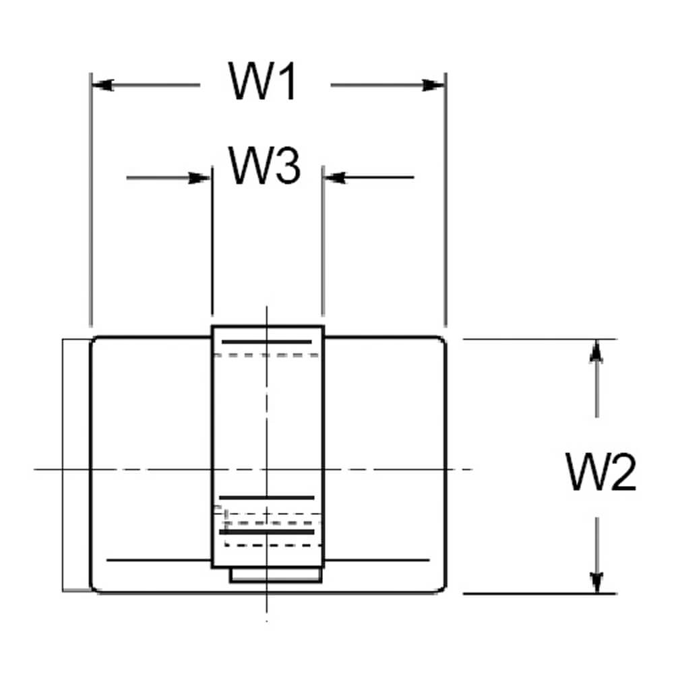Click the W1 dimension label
click(x=263, y=82)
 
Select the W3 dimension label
click(x=264, y=166)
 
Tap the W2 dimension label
click(x=601, y=472)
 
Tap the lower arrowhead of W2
click(x=596, y=582)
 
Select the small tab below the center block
click(x=274, y=575)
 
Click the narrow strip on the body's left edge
click(x=77, y=465)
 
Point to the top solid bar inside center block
click(x=267, y=342)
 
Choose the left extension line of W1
click(x=90, y=202)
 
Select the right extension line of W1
click(x=446, y=202)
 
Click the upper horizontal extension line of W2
click(x=539, y=339)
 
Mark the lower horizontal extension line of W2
click(x=539, y=594)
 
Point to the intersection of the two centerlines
click(x=268, y=468)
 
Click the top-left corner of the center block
click(x=213, y=327)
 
